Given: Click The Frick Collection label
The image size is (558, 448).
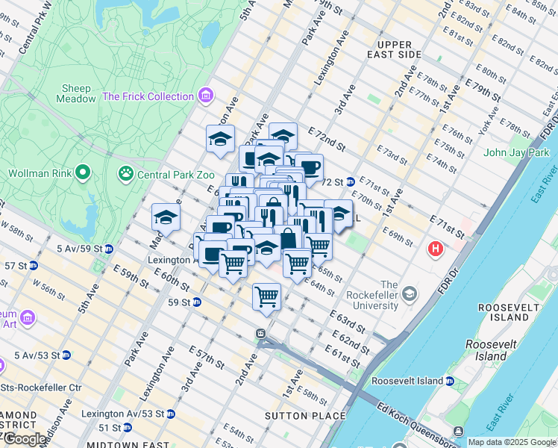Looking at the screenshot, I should [148, 96].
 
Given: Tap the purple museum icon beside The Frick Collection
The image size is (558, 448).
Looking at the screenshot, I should [207, 96].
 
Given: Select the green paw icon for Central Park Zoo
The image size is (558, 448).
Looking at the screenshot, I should [125, 174].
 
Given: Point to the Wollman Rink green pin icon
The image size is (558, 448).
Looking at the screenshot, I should [84, 174].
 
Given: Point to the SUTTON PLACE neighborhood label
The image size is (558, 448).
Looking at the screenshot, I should [306, 416].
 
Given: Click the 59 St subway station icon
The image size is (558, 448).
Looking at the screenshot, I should [197, 302].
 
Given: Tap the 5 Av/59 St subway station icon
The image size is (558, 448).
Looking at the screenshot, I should [109, 249].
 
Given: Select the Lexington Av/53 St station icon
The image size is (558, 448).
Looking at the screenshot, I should [170, 413].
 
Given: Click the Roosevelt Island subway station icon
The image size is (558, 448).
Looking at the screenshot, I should [450, 381].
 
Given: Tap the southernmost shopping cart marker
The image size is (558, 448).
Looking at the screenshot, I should [266, 296].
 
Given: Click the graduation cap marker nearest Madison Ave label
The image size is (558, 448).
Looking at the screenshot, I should [166, 217].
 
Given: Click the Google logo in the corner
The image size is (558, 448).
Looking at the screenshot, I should [24, 439].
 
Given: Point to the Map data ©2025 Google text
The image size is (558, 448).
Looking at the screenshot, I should [511, 442].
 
